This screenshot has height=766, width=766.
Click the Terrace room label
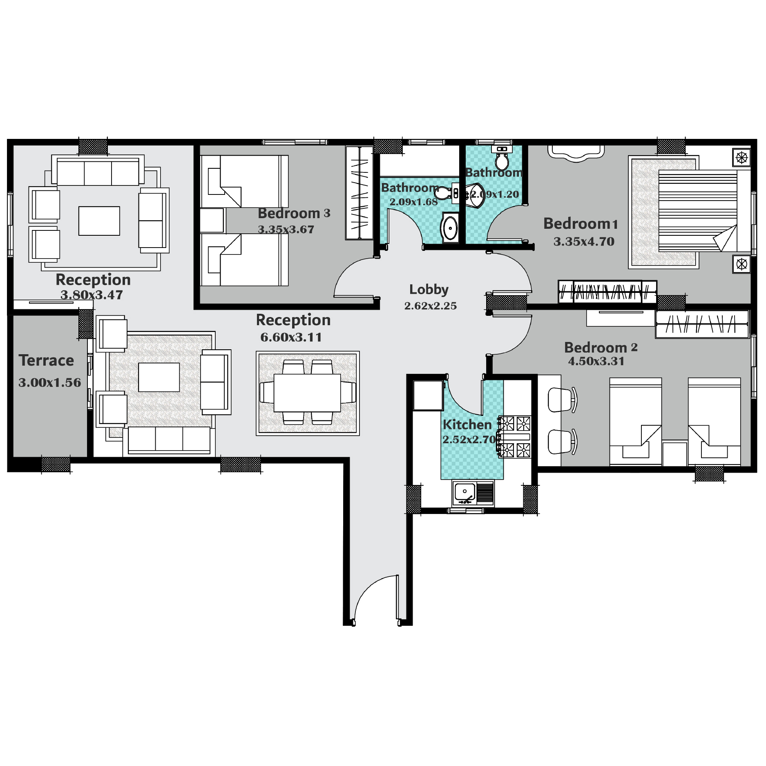[x=46, y=361]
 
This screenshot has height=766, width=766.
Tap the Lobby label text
[x=429, y=289]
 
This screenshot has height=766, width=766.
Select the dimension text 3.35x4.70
[x=584, y=242]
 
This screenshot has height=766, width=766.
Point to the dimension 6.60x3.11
[x=291, y=337]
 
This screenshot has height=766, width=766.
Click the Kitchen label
[x=467, y=425]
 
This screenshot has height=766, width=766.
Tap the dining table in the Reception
[x=307, y=393]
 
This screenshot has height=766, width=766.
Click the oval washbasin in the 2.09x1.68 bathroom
[x=450, y=228]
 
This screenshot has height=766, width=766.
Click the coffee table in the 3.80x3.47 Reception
[x=99, y=221]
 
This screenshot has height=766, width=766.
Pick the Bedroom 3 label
[x=294, y=213]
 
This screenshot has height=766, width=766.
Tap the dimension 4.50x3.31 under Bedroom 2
[x=596, y=362]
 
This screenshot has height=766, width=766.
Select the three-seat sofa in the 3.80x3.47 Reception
[x=98, y=171]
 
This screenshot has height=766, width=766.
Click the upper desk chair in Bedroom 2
[x=562, y=400]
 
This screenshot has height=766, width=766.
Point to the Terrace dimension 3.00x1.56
[x=50, y=383]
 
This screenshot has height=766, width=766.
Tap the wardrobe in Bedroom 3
[x=359, y=192]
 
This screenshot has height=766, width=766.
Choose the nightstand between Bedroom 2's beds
[x=675, y=453]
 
